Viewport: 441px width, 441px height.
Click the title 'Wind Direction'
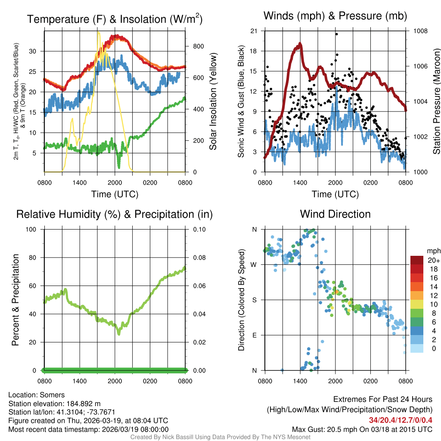tap(335, 214)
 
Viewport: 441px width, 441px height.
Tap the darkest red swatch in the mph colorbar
tap(417, 260)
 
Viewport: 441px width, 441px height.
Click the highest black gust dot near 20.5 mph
tap(336, 34)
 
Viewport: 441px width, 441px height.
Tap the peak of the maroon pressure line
tap(300, 43)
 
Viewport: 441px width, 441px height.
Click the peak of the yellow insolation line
tap(98, 32)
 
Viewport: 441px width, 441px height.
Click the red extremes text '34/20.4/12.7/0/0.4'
tap(401, 420)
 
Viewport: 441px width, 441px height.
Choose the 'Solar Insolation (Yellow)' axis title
tap(213, 101)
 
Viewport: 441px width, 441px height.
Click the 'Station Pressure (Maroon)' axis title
tap(436, 101)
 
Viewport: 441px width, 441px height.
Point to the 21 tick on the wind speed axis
tap(254, 31)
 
